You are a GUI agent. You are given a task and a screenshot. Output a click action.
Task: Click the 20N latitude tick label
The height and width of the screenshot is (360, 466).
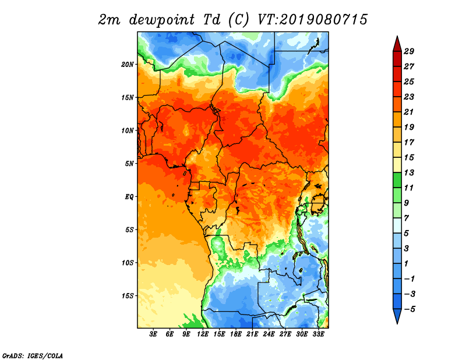(128, 65)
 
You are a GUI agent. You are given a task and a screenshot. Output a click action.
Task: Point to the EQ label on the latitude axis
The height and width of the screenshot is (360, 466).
(129, 197)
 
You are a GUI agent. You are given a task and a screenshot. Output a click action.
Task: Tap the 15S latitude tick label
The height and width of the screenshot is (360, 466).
(128, 296)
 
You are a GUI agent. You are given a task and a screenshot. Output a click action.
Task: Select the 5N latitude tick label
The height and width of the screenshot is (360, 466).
(129, 164)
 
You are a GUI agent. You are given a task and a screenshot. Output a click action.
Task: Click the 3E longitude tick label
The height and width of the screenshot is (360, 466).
(153, 334)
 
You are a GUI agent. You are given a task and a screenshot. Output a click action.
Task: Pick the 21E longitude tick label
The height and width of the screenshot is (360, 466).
(252, 334)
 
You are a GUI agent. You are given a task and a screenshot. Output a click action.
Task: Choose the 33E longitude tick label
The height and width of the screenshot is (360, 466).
(318, 334)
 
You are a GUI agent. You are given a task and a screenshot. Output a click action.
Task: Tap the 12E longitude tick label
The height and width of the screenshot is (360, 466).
(203, 334)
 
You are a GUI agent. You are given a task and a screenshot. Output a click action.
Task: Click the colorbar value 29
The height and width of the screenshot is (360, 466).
(409, 51)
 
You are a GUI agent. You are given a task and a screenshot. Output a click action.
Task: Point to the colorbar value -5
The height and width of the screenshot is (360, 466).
(409, 309)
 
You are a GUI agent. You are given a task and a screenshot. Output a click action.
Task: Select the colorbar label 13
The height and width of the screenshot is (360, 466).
(409, 172)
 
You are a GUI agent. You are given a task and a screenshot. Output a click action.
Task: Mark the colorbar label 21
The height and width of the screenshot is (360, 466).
(409, 112)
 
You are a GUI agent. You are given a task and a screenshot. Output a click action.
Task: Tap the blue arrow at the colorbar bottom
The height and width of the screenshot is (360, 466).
(397, 316)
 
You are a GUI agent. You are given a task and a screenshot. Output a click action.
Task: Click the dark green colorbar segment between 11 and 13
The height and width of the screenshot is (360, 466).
(397, 181)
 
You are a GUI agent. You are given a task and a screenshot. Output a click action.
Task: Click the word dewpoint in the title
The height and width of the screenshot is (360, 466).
(162, 20)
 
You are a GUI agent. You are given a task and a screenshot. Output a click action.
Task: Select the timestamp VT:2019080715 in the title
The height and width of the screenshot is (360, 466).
(312, 20)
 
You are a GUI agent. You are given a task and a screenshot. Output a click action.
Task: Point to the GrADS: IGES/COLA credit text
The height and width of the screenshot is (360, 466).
(33, 356)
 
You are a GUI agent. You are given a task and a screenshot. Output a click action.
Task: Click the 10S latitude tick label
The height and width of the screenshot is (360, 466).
(128, 263)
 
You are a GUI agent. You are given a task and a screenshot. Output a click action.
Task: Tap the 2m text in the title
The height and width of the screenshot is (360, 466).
(109, 20)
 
